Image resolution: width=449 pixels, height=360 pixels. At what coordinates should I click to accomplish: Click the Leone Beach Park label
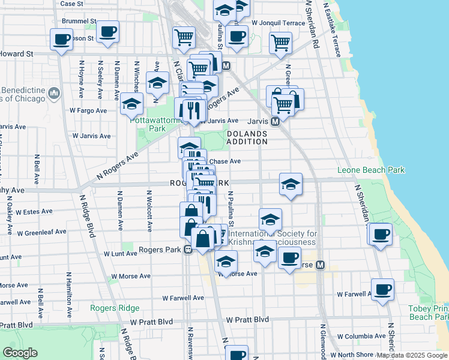pos(371,170)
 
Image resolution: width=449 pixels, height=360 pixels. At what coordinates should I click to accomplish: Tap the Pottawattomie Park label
pos(148,124)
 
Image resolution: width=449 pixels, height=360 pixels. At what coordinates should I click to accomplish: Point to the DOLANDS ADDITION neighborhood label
pos(247,137)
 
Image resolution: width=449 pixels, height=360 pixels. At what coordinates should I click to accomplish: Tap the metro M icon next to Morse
pos(320,265)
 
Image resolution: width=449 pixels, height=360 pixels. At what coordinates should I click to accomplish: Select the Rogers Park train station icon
pos(188,250)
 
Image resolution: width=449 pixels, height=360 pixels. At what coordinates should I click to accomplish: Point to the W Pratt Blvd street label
pos(247,320)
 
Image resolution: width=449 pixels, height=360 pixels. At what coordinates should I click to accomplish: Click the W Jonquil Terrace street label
pos(279,23)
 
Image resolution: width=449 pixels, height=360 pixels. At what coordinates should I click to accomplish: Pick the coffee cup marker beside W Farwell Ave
pos(382,290)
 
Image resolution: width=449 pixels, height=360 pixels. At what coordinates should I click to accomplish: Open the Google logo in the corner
pos(20,353)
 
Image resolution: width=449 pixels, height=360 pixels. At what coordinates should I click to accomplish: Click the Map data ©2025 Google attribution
pos(412,355)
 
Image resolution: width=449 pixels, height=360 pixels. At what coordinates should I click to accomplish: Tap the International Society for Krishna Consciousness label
pos(272,238)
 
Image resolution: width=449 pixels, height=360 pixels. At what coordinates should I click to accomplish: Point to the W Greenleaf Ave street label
pos(41,232)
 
